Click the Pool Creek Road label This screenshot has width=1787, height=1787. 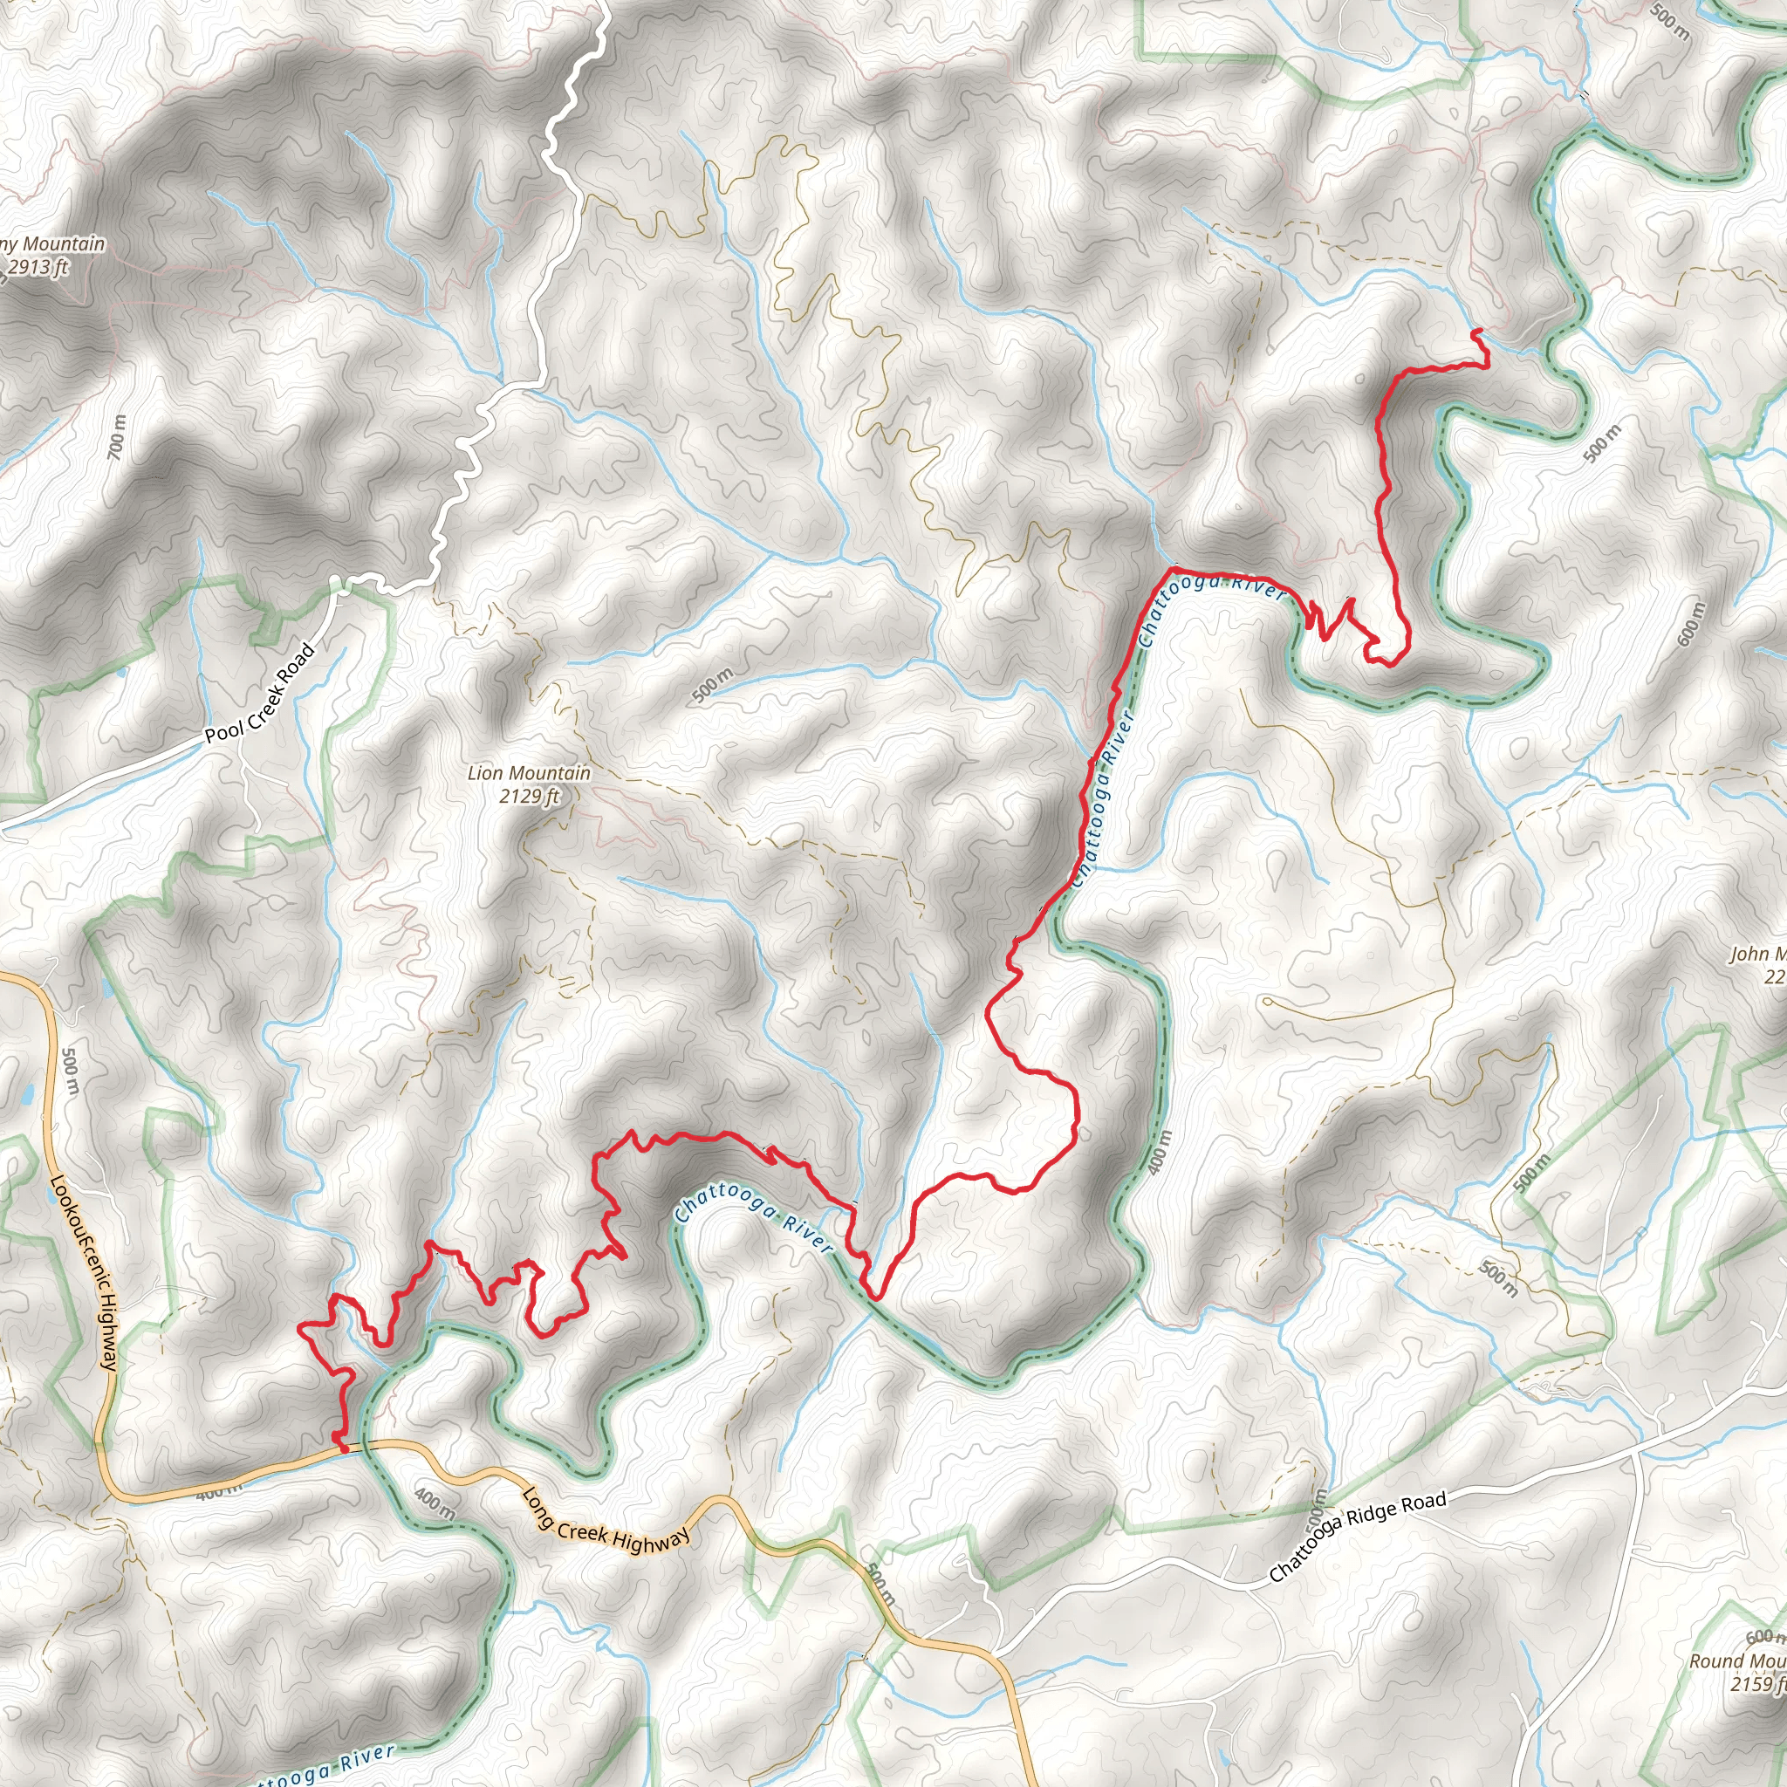point(260,694)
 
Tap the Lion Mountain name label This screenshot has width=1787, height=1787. point(529,773)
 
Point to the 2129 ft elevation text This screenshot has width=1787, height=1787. point(530,796)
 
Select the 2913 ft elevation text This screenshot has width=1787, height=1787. point(38,268)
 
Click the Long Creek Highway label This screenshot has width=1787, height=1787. point(606,1522)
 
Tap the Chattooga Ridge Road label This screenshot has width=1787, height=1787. point(1357,1536)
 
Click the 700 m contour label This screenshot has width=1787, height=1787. point(117,437)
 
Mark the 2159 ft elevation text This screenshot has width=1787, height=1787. point(1757,1683)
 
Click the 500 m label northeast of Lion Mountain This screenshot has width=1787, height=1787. point(712,684)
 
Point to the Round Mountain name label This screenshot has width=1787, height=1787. point(1737,1661)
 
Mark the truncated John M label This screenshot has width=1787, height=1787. point(1757,955)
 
